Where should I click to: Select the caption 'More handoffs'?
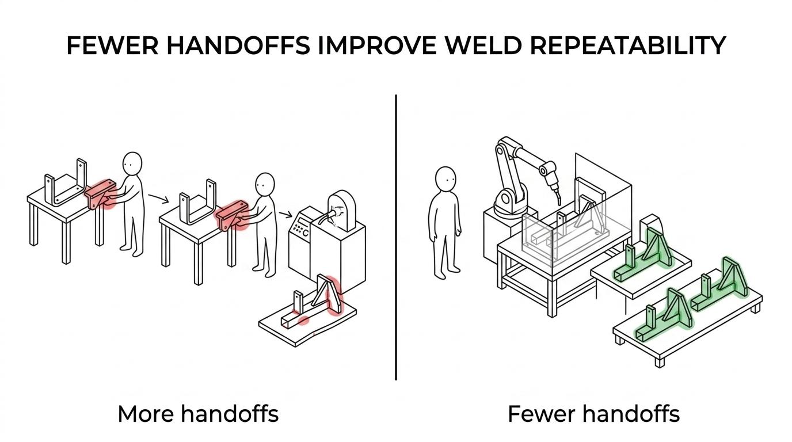coord(198,414)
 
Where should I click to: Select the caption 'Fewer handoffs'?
coord(593,414)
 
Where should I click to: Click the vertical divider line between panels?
coord(395,237)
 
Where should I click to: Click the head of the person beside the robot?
coord(445,180)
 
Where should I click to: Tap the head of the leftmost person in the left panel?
coord(132,163)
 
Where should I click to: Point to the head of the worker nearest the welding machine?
coord(265,184)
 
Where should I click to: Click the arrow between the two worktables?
coord(158,199)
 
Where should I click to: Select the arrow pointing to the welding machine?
coord(285,214)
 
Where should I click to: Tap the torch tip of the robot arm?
coord(559,201)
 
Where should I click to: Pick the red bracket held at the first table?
coord(101,194)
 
